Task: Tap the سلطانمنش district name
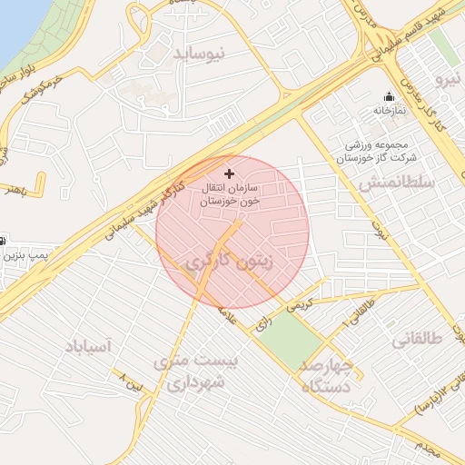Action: coord(397,183)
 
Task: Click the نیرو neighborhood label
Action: coord(449,80)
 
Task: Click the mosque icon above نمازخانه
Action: coord(390,96)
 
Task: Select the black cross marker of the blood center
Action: coord(228,173)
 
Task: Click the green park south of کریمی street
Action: coord(293,338)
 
